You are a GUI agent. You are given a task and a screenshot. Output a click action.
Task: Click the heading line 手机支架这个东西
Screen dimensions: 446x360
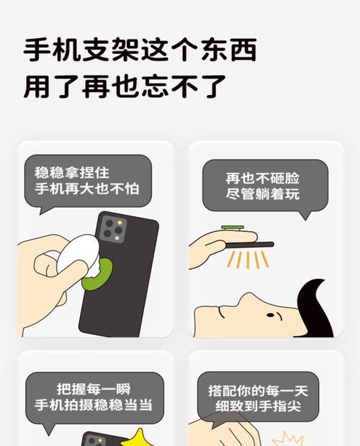tap(140, 50)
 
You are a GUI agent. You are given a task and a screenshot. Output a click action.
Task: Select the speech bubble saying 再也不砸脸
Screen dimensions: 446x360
tap(263, 185)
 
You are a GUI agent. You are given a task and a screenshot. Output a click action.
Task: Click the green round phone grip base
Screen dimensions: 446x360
tap(101, 272)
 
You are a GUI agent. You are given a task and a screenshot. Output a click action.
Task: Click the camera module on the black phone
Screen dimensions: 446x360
tap(112, 229)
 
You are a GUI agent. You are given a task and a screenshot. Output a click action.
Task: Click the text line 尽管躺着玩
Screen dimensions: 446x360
tap(263, 194)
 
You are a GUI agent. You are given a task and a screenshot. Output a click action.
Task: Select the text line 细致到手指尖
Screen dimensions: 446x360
tap(263, 408)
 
